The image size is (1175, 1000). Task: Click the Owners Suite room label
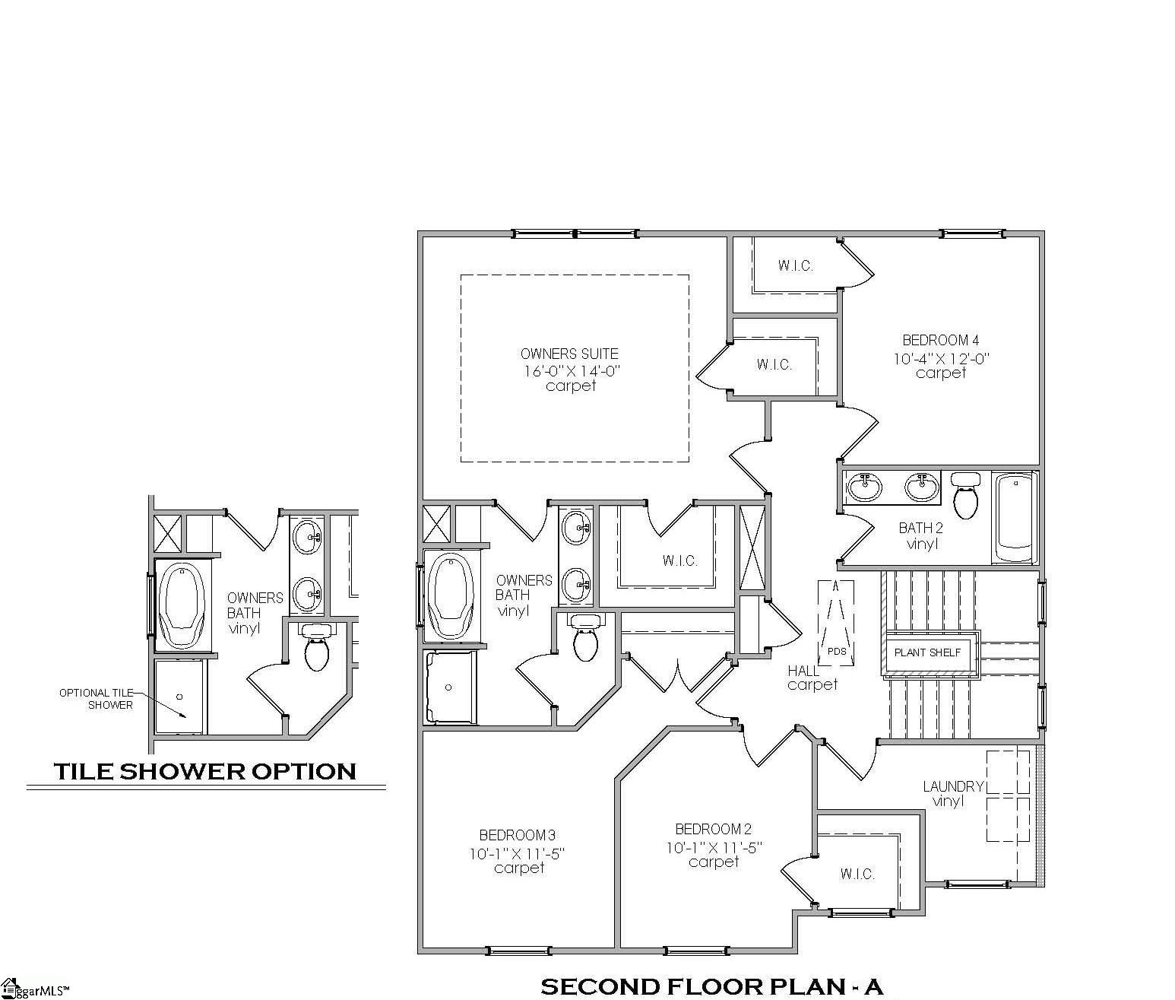click(569, 354)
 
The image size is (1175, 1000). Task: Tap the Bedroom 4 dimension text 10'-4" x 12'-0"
click(942, 358)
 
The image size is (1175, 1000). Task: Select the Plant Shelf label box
click(927, 652)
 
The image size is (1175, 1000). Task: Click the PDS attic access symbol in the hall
click(836, 622)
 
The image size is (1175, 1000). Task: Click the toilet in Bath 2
click(965, 494)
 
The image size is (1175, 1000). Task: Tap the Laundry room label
click(953, 786)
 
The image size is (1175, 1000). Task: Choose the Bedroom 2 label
click(713, 829)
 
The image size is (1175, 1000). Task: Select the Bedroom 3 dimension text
click(517, 853)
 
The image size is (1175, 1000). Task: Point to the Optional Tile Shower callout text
click(97, 699)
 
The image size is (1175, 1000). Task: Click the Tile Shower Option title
click(205, 771)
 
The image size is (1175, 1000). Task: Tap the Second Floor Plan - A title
click(711, 987)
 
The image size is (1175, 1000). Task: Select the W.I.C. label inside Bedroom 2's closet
click(857, 874)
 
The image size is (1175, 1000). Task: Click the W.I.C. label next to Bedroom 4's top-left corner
click(795, 265)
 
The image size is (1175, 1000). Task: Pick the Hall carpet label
click(812, 678)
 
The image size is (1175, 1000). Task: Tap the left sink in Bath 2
click(864, 487)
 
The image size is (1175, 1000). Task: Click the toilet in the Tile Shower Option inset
click(315, 646)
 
